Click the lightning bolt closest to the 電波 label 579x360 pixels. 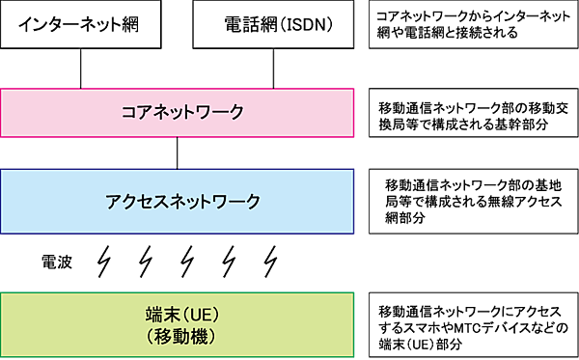pos(106,260)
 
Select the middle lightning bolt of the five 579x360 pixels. pos(190,260)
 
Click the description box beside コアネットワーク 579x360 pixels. pos(473,114)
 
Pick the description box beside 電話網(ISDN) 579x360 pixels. pos(473,25)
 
